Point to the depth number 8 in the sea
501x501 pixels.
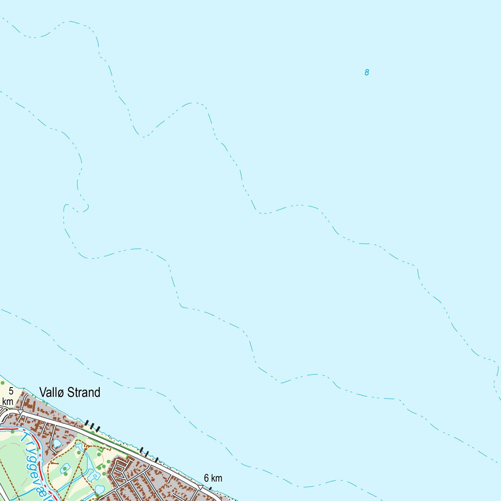pyautogui.click(x=366, y=73)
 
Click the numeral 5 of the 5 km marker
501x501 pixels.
pyautogui.click(x=11, y=390)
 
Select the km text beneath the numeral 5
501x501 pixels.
pyautogui.click(x=7, y=401)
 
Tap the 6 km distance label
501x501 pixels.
pyautogui.click(x=213, y=478)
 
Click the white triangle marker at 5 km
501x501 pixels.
pyautogui.click(x=20, y=411)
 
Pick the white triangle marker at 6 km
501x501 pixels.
pyautogui.click(x=201, y=487)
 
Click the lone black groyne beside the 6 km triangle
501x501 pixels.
pyautogui.click(x=210, y=488)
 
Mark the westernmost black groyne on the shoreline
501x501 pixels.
pyautogui.click(x=87, y=422)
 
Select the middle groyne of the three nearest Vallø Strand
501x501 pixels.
pyautogui.click(x=92, y=425)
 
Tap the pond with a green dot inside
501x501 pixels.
pyautogui.click(x=65, y=472)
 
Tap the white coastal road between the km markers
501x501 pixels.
pyautogui.click(x=113, y=443)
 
